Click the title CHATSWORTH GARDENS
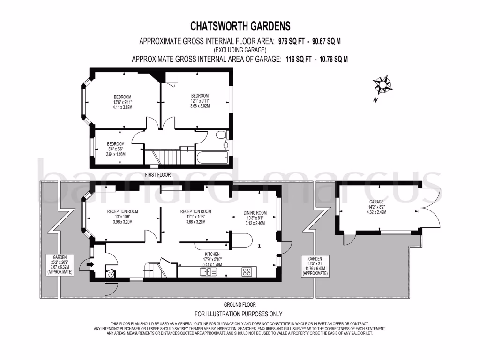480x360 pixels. click(x=240, y=25)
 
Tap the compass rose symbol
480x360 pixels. click(x=382, y=84)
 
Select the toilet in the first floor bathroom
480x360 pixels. click(x=222, y=135)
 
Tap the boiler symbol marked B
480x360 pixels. click(x=112, y=275)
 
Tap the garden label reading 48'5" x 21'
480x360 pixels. click(x=315, y=266)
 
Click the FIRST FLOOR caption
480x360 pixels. click(x=157, y=175)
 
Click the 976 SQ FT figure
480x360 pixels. click(x=292, y=41)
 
